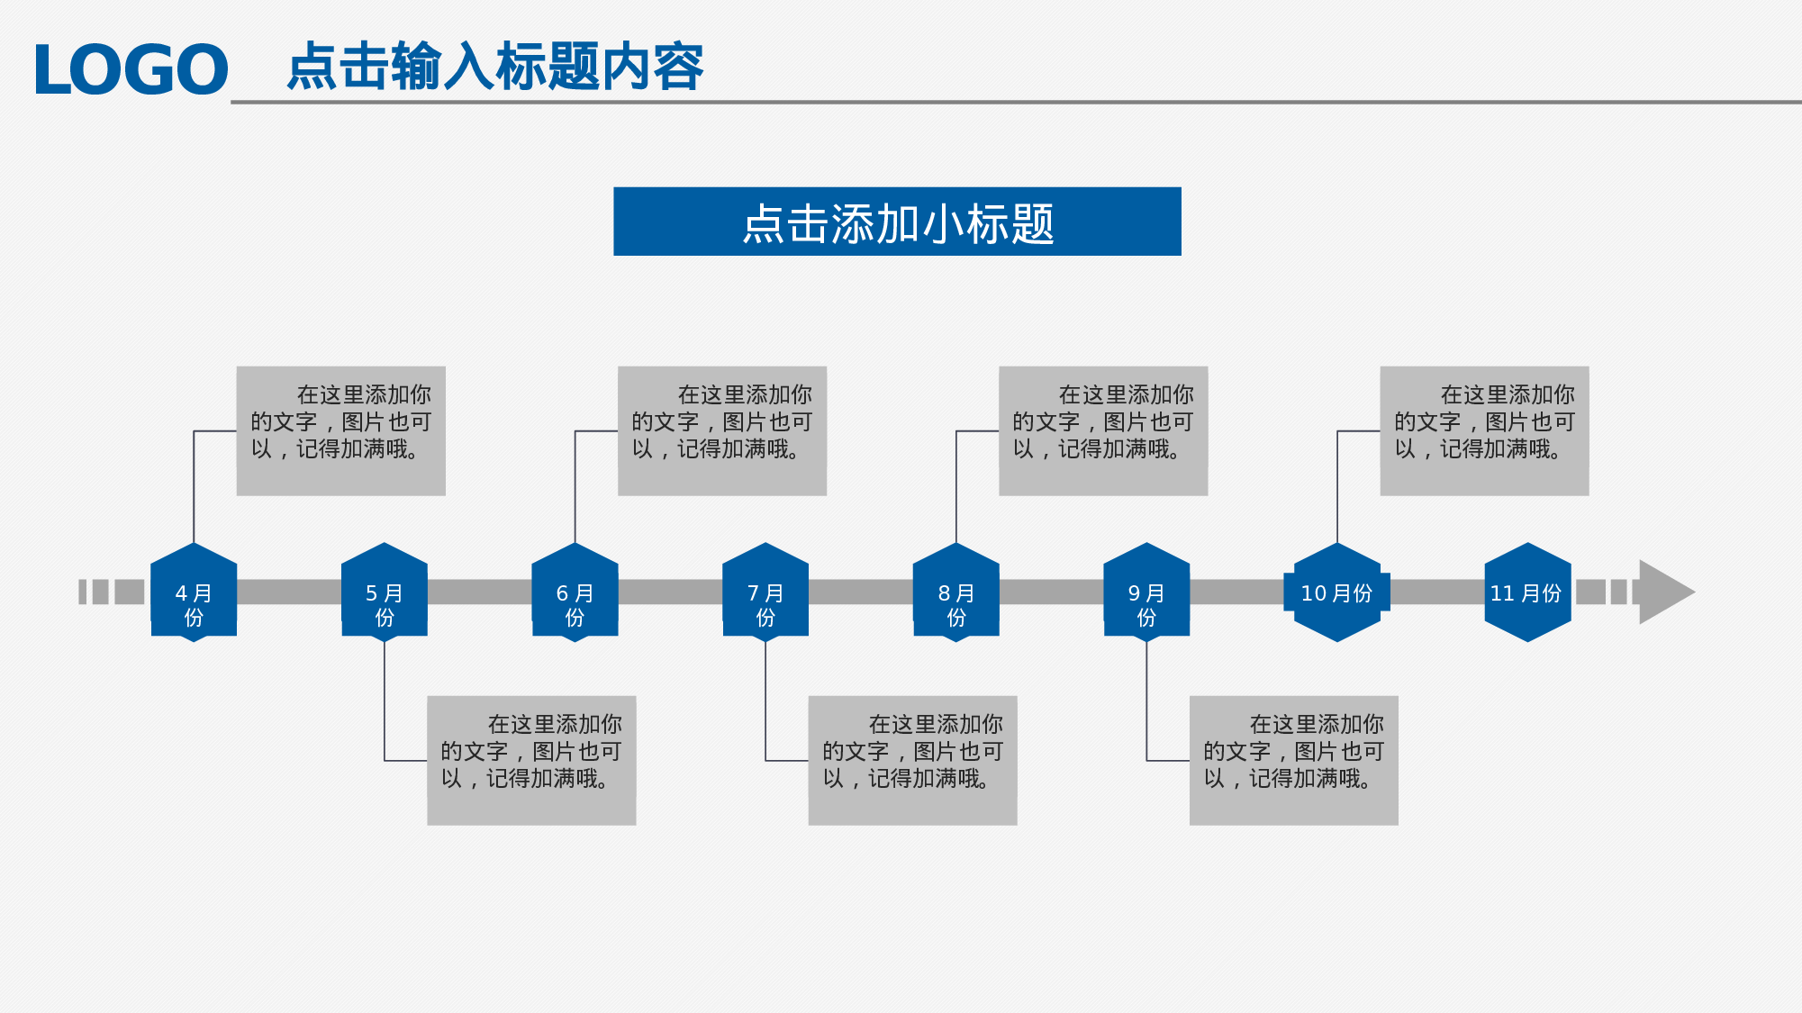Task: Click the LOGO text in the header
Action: click(131, 69)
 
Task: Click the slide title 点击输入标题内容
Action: click(494, 67)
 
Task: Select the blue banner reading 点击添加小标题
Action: click(897, 222)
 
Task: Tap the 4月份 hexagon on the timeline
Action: click(194, 592)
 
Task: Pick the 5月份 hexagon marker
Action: click(385, 592)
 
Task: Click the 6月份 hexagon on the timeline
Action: click(575, 592)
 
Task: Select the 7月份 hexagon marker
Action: click(765, 592)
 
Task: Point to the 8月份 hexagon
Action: click(956, 592)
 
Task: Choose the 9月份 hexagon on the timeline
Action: click(1146, 592)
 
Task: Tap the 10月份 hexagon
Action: click(1337, 592)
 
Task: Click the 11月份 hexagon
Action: click(1527, 592)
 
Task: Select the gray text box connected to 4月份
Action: click(340, 430)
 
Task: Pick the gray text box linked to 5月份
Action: click(531, 760)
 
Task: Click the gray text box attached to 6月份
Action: click(722, 430)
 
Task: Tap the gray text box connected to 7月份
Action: click(912, 760)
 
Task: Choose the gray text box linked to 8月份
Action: click(1103, 430)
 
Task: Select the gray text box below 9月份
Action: click(1293, 760)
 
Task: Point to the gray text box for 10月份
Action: click(1484, 430)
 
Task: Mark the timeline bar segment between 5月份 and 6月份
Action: click(479, 592)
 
